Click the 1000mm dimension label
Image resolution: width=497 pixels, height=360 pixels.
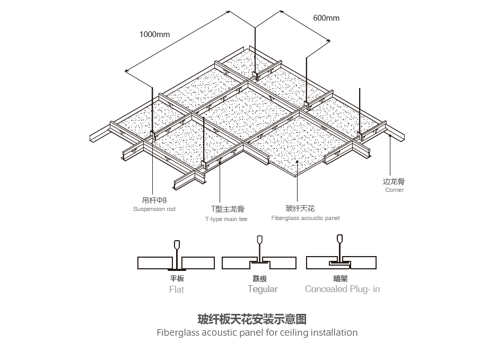pos(154,34)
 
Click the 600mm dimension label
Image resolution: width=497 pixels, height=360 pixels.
pos(326,18)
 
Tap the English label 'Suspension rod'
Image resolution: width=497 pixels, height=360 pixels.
pos(154,209)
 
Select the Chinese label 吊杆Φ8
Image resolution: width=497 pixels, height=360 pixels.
pos(154,200)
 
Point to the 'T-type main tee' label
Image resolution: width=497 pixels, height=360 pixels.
pos(226,219)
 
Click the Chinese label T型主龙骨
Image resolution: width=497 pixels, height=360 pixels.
pos(228,209)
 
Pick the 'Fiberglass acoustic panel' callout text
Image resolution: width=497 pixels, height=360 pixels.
pos(305,218)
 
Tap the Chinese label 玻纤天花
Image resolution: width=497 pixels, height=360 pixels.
pos(300,208)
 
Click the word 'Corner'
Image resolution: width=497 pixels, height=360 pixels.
pos(394,190)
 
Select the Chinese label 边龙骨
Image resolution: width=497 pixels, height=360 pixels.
pos(394,181)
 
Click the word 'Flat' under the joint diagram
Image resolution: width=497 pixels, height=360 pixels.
pos(177,289)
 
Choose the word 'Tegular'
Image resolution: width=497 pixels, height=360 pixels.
pos(263,289)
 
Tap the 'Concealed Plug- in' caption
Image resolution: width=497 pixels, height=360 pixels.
pos(342,289)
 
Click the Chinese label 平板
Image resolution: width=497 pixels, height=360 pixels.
pos(177,278)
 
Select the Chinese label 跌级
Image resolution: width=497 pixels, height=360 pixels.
pos(259,278)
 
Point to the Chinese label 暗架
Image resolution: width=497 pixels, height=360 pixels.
pos(341,278)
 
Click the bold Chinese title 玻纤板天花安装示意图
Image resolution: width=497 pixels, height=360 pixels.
pos(252,319)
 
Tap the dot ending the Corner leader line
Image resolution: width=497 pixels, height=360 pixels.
pos(390,136)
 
